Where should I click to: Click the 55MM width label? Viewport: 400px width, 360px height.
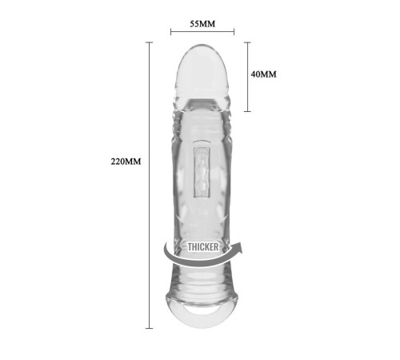point(202,24)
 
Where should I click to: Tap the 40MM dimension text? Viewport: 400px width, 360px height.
point(263,74)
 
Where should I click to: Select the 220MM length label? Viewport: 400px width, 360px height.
point(126,162)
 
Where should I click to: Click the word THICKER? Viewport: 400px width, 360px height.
point(203,247)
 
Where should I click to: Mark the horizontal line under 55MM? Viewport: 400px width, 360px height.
point(202,32)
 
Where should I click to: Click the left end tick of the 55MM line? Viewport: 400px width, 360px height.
point(171,32)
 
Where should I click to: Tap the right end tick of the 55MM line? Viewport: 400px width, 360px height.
point(234,32)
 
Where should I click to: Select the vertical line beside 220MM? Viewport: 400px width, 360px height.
point(149,185)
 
